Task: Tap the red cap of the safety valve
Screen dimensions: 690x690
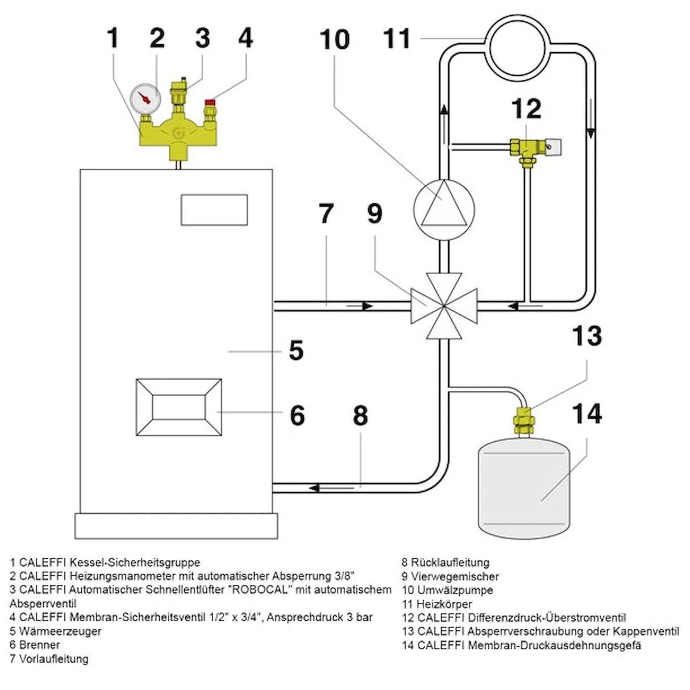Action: click(211, 103)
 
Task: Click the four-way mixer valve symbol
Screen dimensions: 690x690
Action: click(444, 306)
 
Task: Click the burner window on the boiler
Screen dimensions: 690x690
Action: click(179, 408)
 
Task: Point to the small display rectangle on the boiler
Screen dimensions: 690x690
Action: click(214, 209)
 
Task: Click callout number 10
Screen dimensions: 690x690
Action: click(335, 40)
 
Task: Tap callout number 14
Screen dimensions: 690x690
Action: click(586, 413)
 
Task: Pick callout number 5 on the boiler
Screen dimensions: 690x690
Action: click(296, 351)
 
